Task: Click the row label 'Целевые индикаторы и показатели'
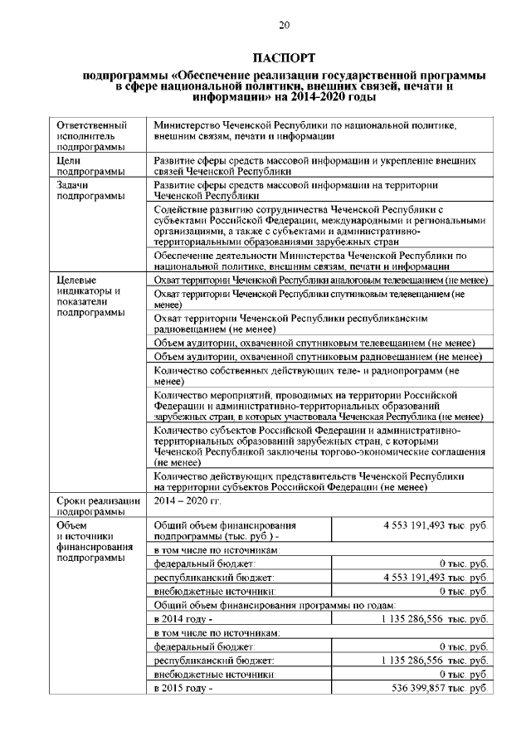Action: tap(90, 297)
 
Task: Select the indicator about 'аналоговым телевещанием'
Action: tap(320, 280)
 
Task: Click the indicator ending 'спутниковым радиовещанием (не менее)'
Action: tap(319, 356)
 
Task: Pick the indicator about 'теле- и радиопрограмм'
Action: tap(306, 376)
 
